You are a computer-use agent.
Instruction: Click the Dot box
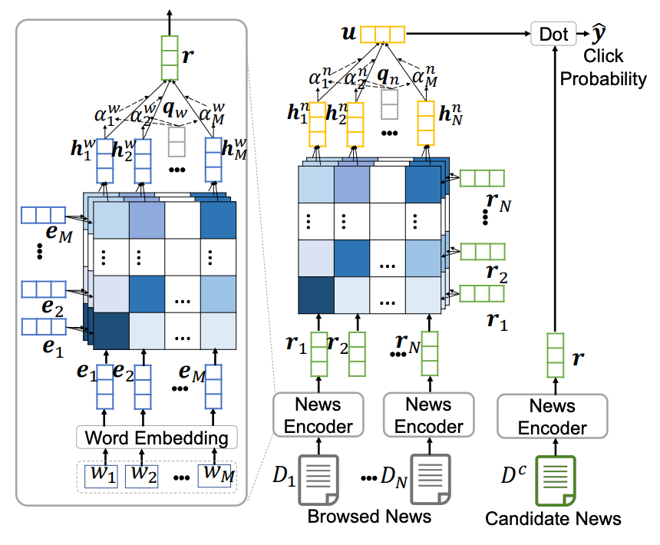click(x=553, y=34)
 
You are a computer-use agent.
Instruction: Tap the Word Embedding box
click(x=157, y=438)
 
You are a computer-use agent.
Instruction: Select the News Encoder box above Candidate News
click(x=553, y=416)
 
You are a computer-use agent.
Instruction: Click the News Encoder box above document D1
click(x=318, y=415)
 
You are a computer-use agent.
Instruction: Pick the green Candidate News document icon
click(x=555, y=481)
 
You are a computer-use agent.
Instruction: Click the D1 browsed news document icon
click(x=318, y=479)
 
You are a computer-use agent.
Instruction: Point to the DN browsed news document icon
click(x=431, y=479)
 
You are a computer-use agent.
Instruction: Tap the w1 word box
click(x=101, y=477)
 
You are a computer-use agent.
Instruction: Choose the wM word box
click(x=215, y=476)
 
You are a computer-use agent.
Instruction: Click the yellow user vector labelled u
click(x=383, y=34)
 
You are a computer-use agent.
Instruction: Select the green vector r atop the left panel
click(x=170, y=58)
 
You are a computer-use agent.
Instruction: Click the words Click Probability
click(x=602, y=68)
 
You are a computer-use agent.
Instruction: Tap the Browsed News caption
click(x=369, y=516)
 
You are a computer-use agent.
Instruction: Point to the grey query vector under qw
click(x=177, y=142)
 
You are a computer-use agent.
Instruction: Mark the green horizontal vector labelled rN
click(x=482, y=178)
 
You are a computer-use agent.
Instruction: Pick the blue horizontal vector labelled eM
click(x=43, y=215)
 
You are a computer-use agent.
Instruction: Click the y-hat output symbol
click(x=598, y=33)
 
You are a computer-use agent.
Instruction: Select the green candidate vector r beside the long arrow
click(x=555, y=355)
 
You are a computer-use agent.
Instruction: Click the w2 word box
click(x=142, y=477)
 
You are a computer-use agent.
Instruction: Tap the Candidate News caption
click(x=553, y=518)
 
